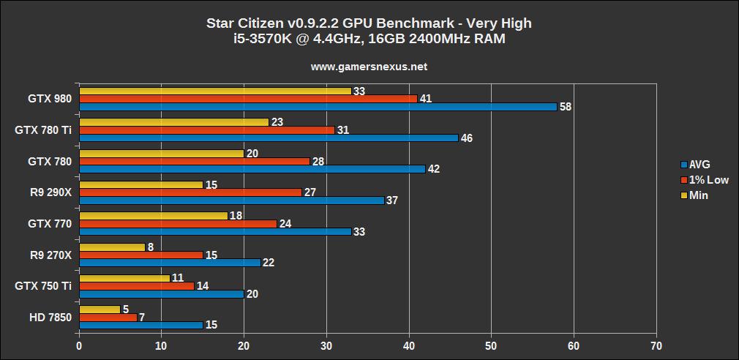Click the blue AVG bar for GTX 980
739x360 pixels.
coord(318,106)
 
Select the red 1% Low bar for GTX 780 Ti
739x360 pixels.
coord(206,130)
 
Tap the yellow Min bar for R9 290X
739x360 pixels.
coord(140,184)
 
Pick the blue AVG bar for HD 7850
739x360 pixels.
coord(140,325)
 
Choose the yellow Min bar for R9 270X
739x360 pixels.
coord(112,247)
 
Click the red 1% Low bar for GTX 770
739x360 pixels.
coord(178,223)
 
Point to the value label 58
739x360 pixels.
coord(566,107)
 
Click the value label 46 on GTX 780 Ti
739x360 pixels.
coord(466,138)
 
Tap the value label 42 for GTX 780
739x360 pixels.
coord(433,169)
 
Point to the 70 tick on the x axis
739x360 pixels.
coord(656,345)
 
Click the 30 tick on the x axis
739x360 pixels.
coord(326,345)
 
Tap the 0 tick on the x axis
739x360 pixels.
coord(79,345)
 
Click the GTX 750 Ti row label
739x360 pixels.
coord(43,286)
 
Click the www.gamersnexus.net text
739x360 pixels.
coord(369,67)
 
